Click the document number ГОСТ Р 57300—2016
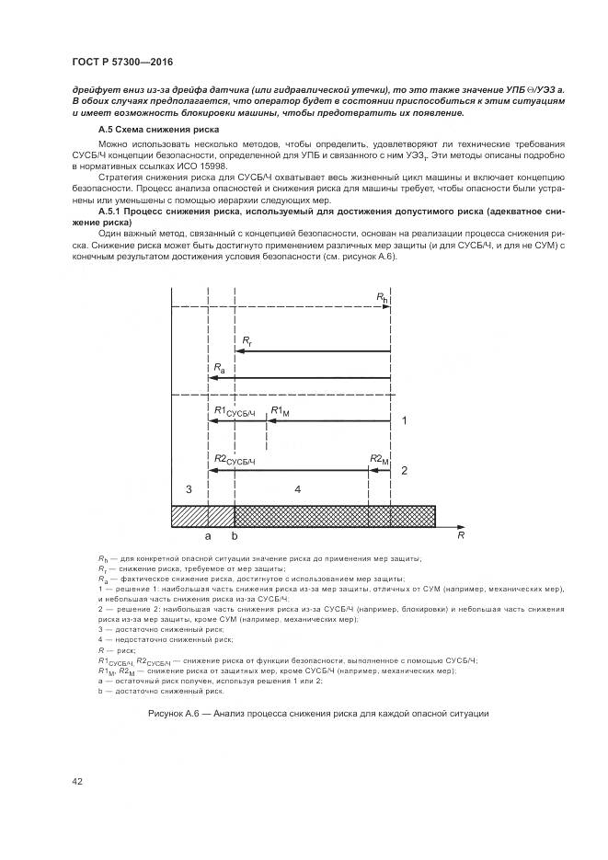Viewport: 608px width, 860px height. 120,60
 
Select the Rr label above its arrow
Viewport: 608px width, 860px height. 247,341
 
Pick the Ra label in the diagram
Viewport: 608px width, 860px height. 218,368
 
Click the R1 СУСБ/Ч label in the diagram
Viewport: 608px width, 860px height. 234,411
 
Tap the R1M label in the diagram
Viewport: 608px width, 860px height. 281,411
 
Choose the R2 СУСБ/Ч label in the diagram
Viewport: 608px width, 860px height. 234,460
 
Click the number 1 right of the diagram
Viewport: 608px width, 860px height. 404,420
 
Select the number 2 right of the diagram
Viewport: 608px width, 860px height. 404,470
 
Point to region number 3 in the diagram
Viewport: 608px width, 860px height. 189,488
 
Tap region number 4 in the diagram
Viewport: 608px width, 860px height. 297,489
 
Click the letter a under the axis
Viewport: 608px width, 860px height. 209,533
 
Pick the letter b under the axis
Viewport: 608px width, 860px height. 235,534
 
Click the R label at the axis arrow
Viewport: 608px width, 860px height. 460,533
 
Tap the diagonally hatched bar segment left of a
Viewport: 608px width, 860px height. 190,516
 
